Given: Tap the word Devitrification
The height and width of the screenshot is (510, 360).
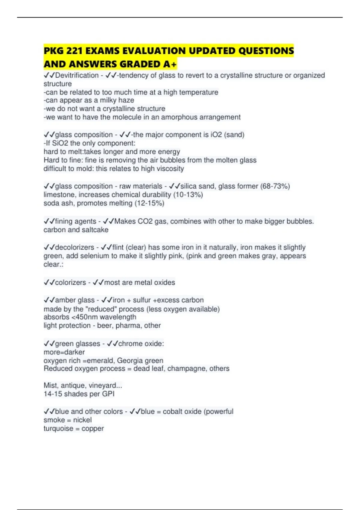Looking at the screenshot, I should (77, 75).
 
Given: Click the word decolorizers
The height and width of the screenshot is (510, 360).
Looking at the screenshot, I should (75, 247).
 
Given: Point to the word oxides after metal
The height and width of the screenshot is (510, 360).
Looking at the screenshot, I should (164, 283).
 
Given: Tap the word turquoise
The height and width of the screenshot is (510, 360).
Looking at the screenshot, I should (58, 429).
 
